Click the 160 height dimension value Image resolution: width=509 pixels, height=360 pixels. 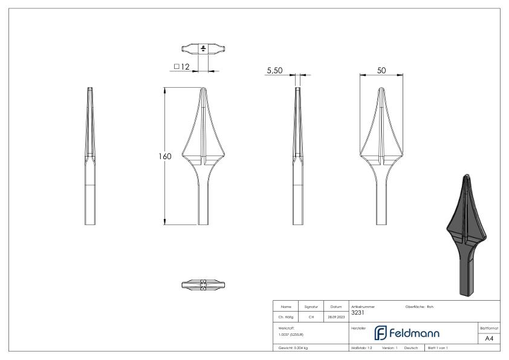pos(165,157)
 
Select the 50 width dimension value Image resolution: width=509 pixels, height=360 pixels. pos(381,70)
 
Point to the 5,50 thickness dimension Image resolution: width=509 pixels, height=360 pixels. pos(275,71)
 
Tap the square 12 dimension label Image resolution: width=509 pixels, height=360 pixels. pos(182,67)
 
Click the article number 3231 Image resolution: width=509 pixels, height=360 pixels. pos(357,313)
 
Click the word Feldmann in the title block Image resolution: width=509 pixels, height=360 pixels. pos(415,333)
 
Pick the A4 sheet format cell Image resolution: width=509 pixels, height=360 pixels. pos(489,338)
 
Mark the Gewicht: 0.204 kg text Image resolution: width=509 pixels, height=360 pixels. pos(294,349)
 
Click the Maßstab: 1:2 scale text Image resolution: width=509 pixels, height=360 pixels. pos(363,349)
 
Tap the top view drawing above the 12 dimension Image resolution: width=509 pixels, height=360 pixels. pos(204,48)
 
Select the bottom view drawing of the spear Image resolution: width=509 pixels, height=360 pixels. pos(204,284)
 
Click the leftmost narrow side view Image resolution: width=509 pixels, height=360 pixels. pos(89,157)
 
